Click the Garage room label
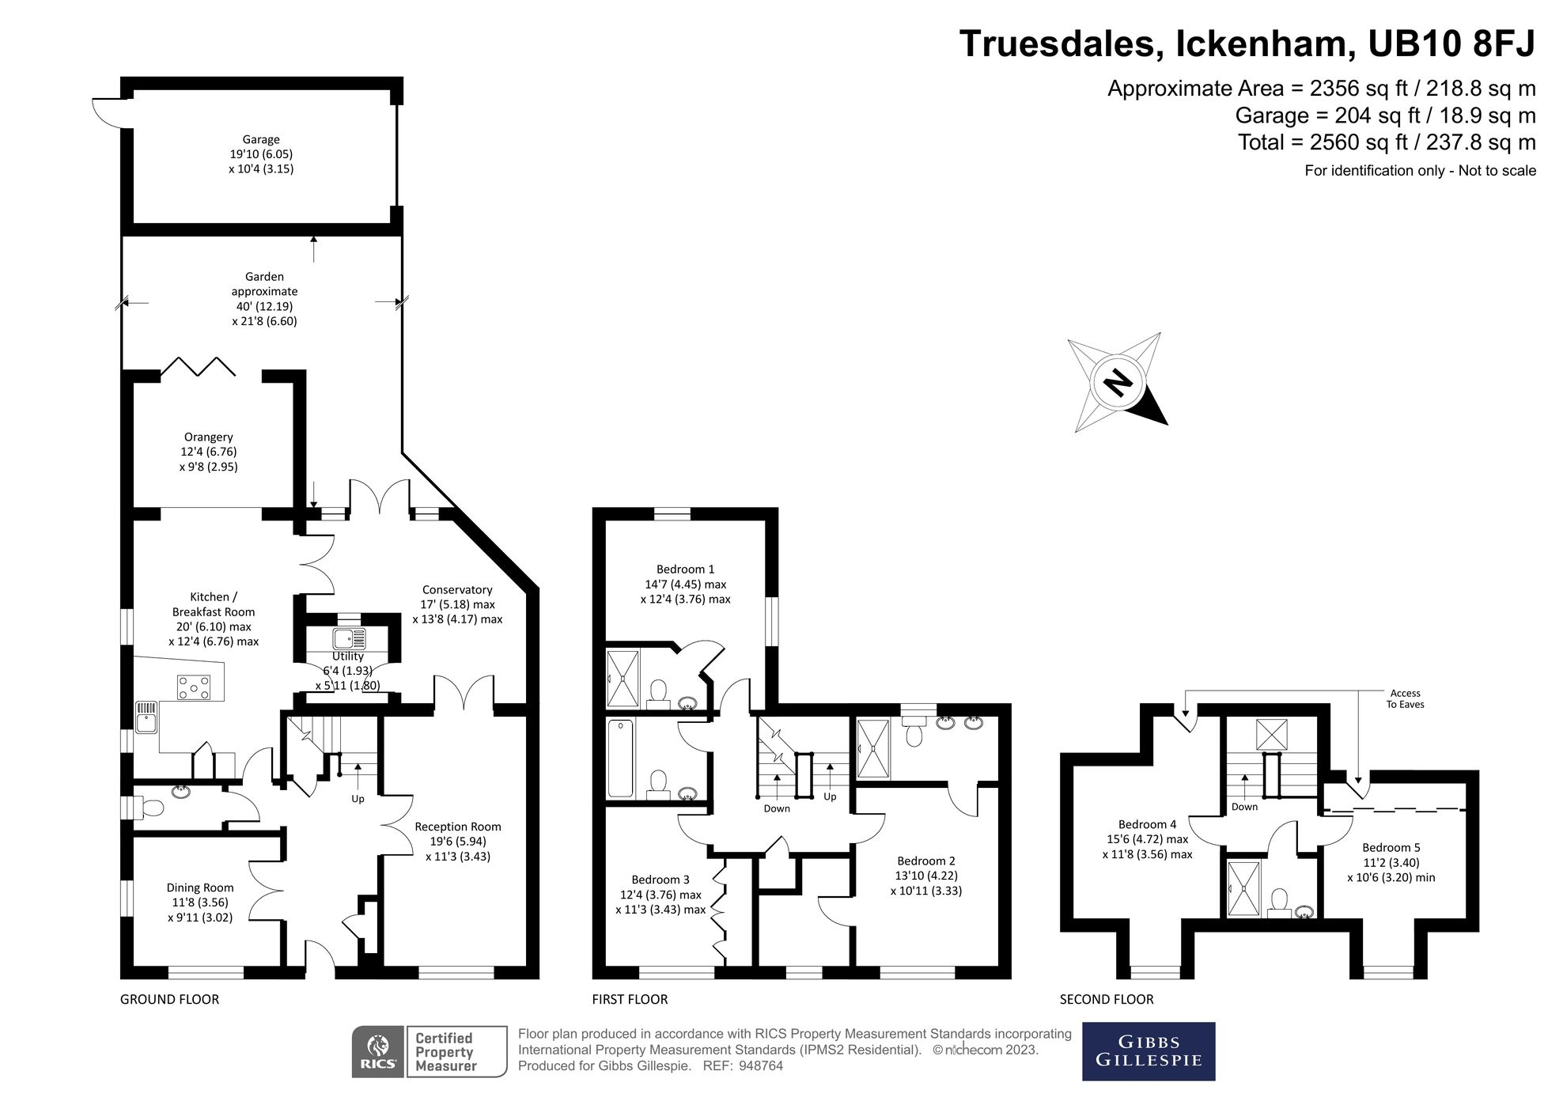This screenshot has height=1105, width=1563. [x=261, y=140]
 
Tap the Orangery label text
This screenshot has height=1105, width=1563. [x=208, y=437]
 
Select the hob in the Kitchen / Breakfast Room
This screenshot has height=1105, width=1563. [x=194, y=687]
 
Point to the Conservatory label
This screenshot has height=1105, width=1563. [x=457, y=590]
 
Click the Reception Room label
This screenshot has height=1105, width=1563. [x=458, y=827]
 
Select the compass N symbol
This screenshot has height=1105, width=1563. [x=1117, y=383]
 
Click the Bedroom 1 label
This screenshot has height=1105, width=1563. [x=685, y=570]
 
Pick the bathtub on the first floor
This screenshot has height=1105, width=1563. [x=621, y=758]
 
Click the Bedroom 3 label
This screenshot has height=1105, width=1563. [x=660, y=880]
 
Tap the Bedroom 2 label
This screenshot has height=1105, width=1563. [x=925, y=861]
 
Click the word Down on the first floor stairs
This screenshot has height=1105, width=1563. [x=777, y=808]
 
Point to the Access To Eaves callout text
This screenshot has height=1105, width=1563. [x=1405, y=698]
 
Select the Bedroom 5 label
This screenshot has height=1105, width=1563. [x=1391, y=848]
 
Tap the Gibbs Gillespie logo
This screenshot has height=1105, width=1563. [x=1148, y=1051]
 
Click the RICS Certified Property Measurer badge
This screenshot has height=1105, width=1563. [x=430, y=1051]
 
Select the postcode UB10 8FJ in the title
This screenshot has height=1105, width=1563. [x=1451, y=44]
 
